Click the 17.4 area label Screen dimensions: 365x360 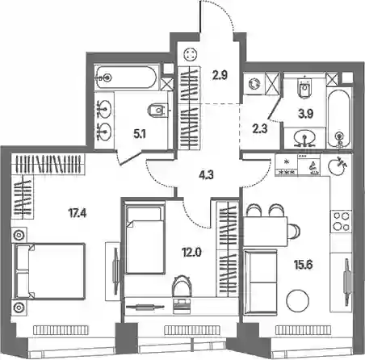78,214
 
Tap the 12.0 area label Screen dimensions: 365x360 191,253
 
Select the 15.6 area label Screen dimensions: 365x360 303,265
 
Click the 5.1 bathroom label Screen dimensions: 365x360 140,134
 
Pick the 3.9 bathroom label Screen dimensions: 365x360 305,114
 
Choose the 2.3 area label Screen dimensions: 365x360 261,129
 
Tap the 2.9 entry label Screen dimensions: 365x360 220,76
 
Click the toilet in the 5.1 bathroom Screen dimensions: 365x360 157,111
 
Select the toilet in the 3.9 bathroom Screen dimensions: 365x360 304,87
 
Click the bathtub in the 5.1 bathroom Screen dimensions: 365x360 126,77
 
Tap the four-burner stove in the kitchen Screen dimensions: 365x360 341,221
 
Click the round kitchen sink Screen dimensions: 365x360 335,166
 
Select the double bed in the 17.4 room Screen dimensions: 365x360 50,271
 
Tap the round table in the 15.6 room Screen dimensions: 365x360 297,300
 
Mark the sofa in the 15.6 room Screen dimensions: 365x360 260,283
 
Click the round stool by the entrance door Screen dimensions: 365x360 191,55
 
